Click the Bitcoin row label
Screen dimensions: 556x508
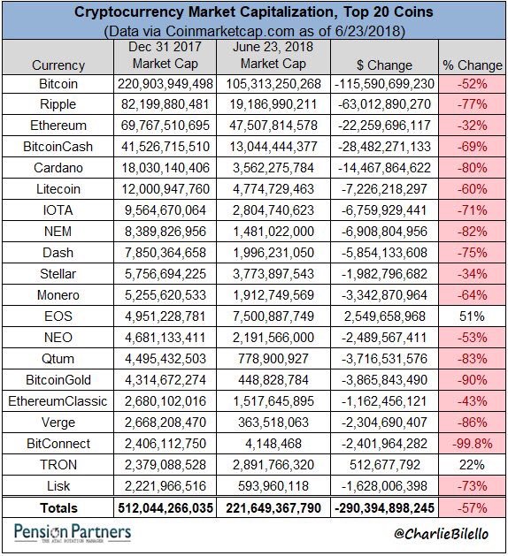(58, 82)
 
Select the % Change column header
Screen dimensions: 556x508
(473, 65)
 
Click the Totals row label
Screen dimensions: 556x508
(58, 507)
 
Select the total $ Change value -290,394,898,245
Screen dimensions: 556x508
(384, 507)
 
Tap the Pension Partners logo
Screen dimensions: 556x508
(73, 533)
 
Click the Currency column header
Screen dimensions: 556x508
(58, 65)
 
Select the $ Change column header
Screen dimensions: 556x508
(384, 65)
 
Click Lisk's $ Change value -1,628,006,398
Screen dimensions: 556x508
(384, 485)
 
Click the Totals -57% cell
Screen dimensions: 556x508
(473, 507)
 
